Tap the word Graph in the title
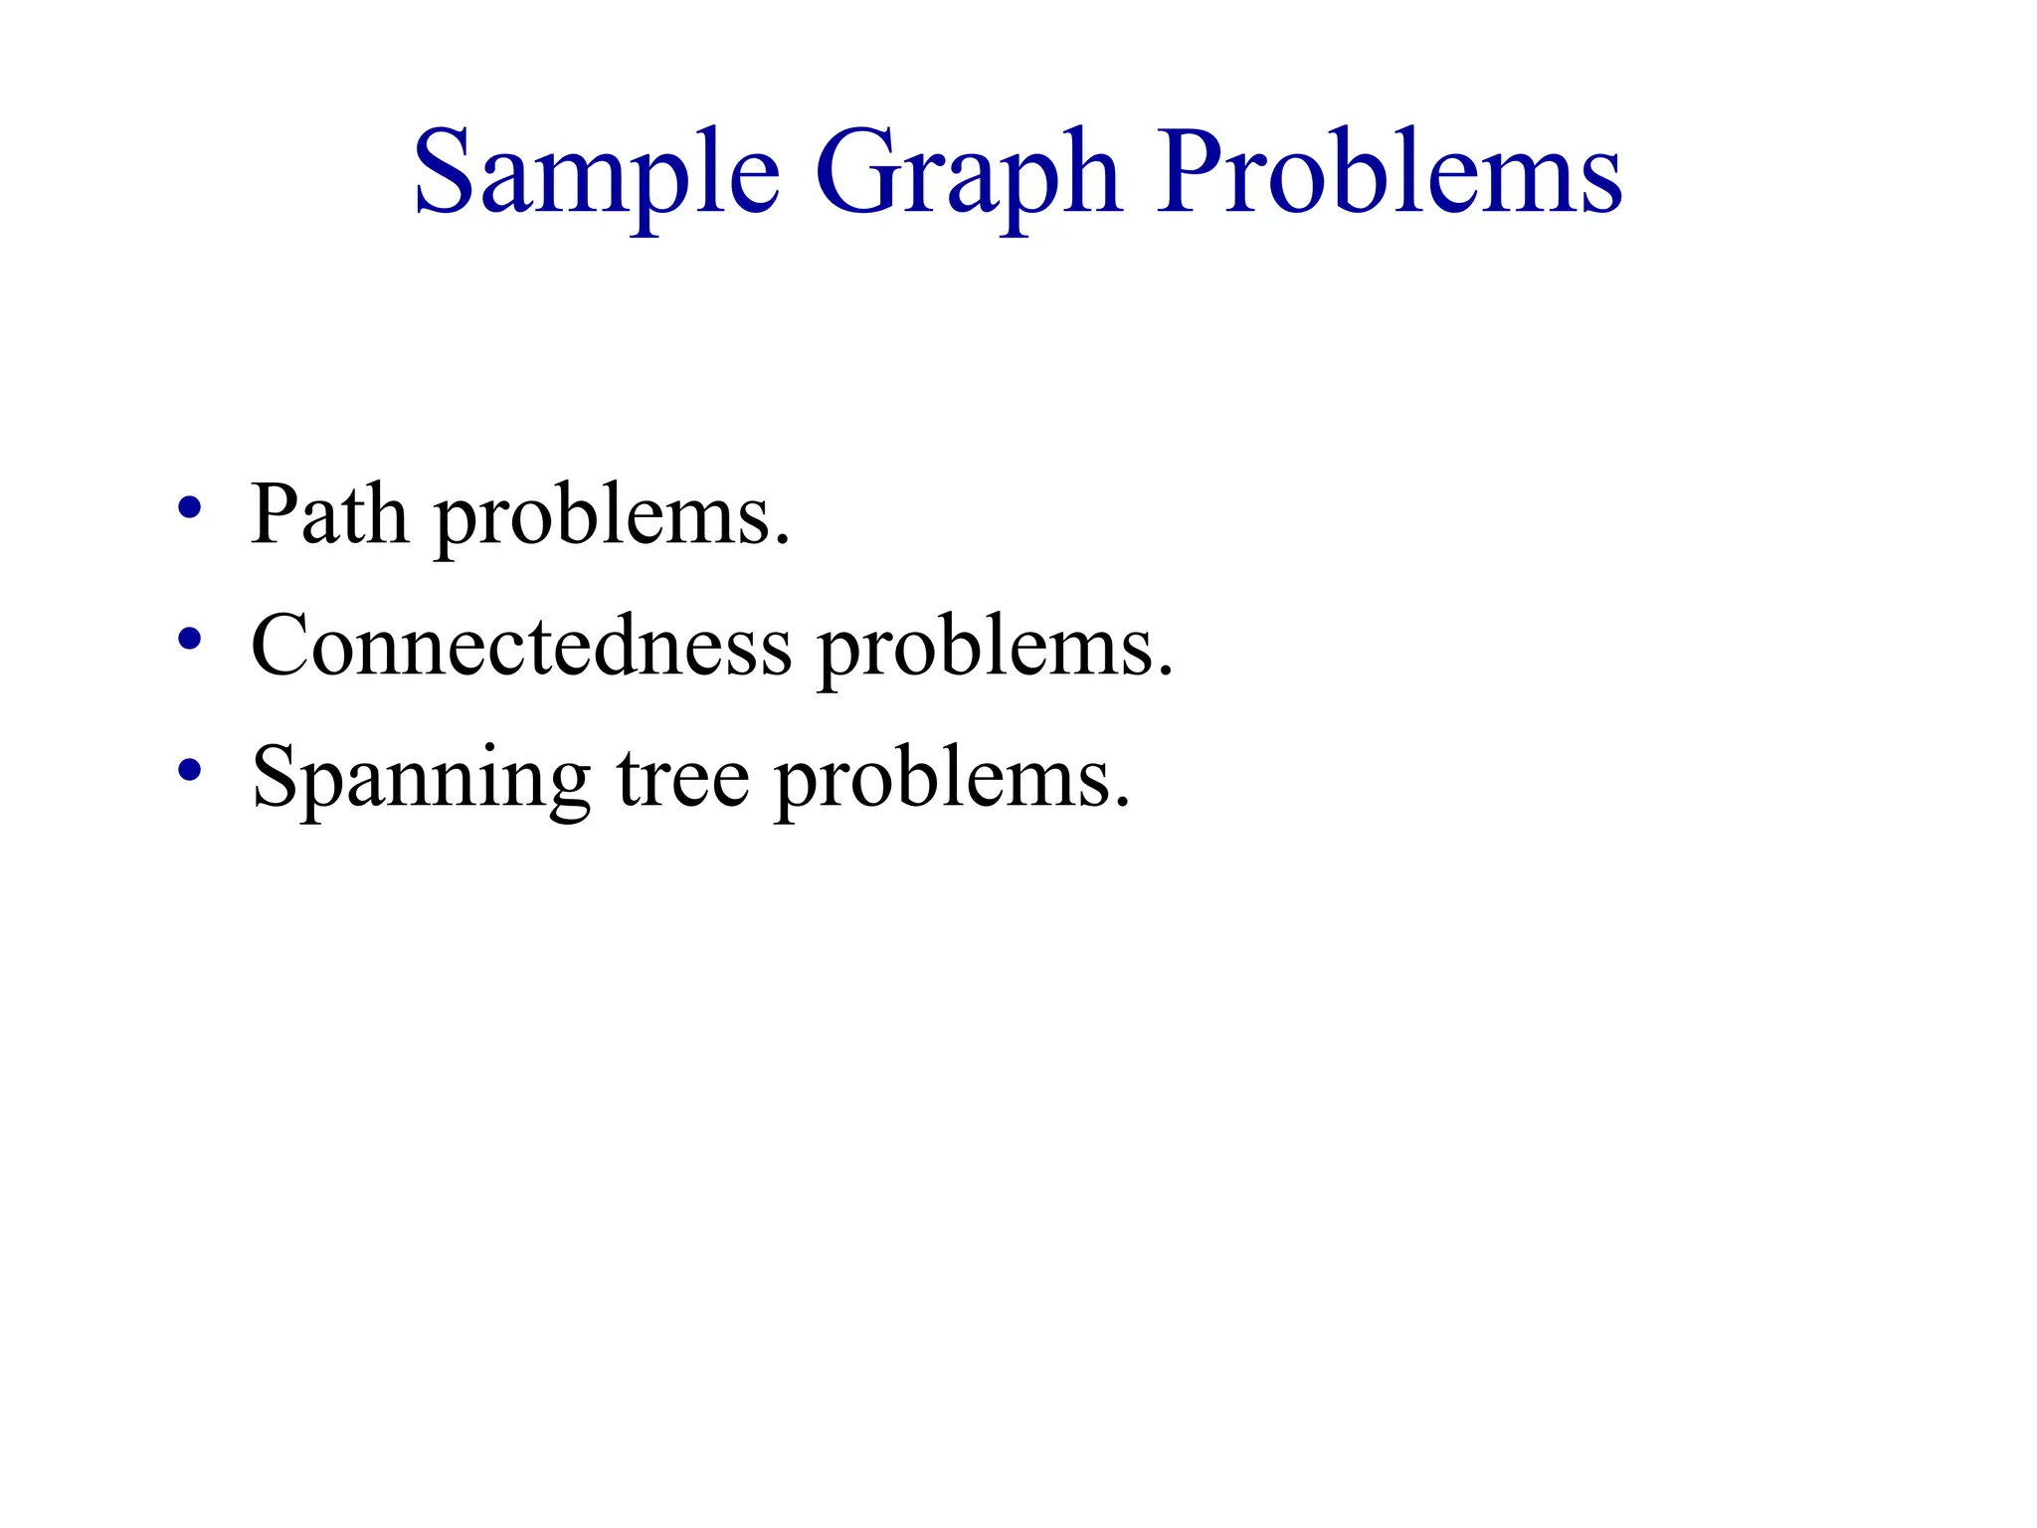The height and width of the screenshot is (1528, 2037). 968,174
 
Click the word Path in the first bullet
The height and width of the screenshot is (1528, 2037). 329,514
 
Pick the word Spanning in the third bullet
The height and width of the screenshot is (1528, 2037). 421,779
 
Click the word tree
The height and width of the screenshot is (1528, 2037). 683,778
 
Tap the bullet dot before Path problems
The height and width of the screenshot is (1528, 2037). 189,508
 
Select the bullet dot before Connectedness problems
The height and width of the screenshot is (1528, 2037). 189,639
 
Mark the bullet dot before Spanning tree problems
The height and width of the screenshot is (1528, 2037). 189,769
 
